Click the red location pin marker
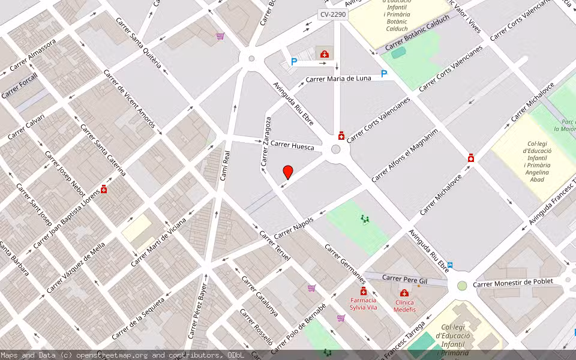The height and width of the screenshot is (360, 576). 288,172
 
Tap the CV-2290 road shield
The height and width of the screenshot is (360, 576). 333,14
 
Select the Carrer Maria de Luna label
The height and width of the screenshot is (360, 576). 338,79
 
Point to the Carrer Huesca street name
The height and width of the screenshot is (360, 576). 292,145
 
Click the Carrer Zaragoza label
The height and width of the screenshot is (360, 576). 266,142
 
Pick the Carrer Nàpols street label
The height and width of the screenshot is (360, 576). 294,227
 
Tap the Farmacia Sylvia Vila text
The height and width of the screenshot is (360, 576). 364,304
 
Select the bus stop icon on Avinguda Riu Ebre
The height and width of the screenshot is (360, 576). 450,265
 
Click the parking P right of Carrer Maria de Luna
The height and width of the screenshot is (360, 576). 384,74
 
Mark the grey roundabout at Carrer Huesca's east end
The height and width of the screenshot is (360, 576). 336,149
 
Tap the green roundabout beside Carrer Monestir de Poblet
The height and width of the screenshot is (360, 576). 462,286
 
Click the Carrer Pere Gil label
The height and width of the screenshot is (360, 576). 405,280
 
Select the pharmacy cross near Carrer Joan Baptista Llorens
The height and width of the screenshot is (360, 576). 104,189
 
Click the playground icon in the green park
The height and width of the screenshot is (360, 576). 364,220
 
